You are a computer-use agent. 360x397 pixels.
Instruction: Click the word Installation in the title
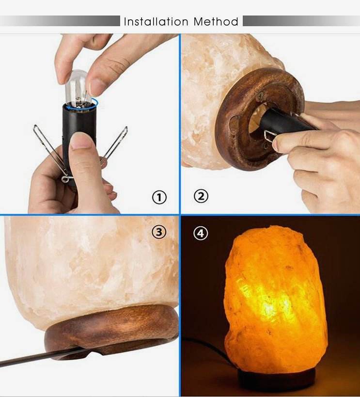click(x=156, y=21)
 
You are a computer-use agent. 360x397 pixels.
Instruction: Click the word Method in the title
click(x=216, y=21)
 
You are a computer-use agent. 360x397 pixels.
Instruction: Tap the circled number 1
click(x=159, y=197)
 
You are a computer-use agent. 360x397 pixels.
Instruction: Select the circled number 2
click(x=201, y=196)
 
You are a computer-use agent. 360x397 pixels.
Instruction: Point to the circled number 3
click(x=159, y=232)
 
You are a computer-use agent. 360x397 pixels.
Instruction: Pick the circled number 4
click(x=201, y=234)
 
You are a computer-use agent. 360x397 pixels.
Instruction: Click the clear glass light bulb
click(x=78, y=89)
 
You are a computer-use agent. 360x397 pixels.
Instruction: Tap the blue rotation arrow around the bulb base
click(x=80, y=105)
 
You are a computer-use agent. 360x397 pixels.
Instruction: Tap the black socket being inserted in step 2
click(x=286, y=121)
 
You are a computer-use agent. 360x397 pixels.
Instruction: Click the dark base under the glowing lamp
click(x=276, y=380)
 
